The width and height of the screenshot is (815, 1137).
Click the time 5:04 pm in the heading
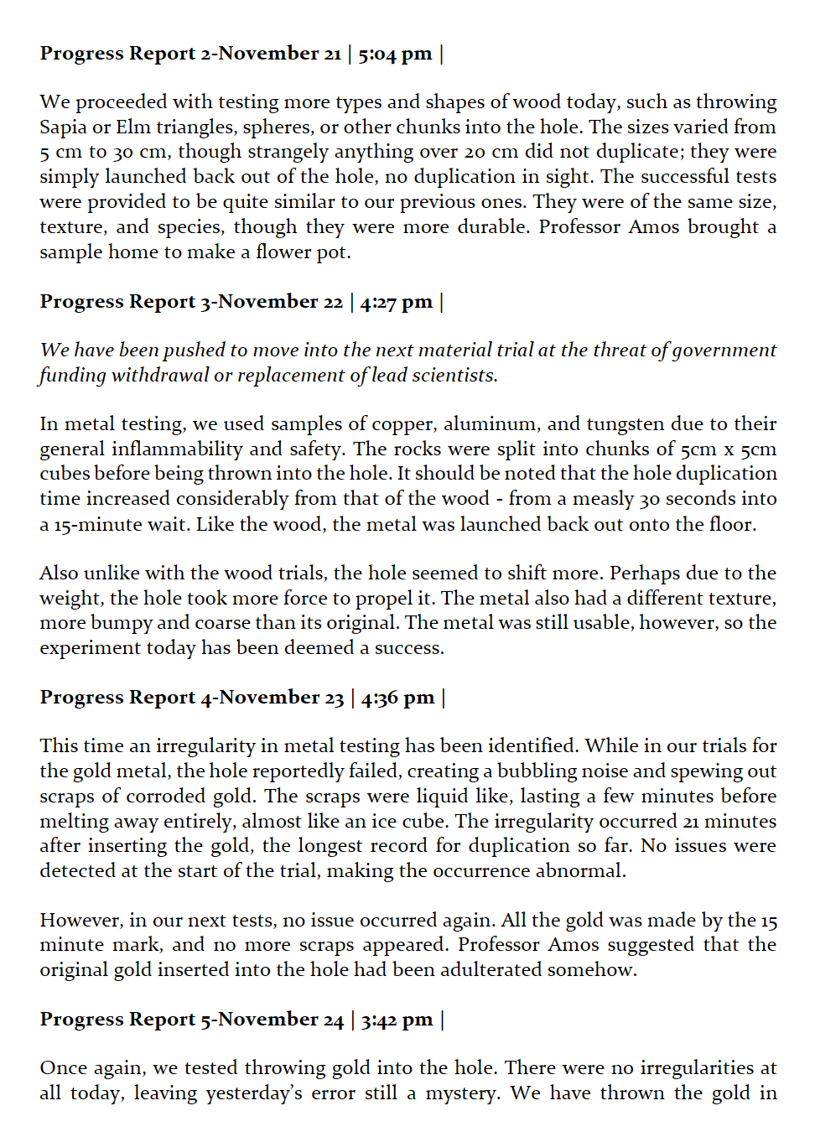[395, 54]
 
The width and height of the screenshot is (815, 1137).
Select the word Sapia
[63, 127]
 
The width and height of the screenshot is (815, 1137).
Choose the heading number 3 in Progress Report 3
[205, 302]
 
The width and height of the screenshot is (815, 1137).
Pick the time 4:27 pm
[396, 302]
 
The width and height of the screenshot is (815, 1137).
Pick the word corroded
[164, 797]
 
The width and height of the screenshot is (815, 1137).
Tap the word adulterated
[499, 970]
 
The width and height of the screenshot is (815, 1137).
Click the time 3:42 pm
[397, 1020]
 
